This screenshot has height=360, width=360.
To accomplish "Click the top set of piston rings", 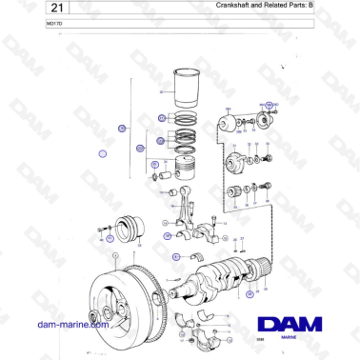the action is (180, 118).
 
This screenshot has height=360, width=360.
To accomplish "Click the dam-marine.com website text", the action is (71, 326).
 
